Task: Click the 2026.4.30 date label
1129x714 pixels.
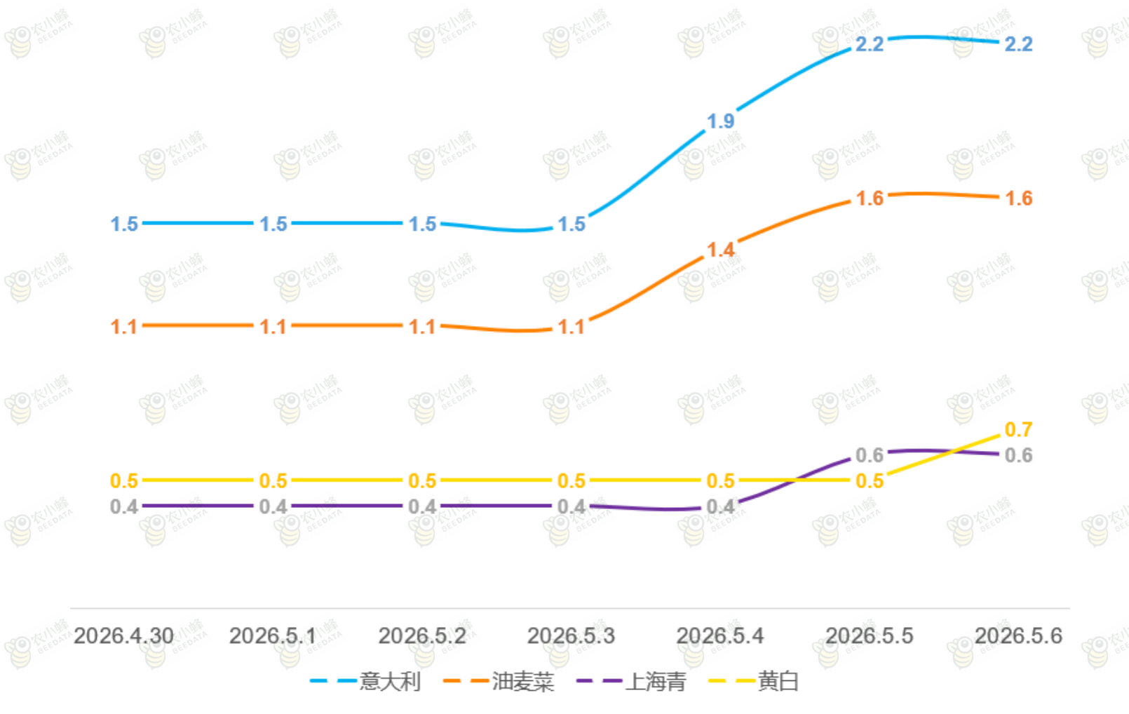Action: [x=123, y=636]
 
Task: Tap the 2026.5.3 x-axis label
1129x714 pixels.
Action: [x=571, y=636]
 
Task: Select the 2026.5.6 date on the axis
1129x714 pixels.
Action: [x=1019, y=636]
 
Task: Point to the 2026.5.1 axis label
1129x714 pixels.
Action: [x=273, y=636]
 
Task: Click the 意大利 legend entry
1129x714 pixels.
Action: [x=365, y=681]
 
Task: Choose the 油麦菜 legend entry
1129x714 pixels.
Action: [x=499, y=681]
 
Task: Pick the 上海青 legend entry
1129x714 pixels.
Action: [x=631, y=681]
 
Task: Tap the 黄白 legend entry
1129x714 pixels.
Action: [x=754, y=681]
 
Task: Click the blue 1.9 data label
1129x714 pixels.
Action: [x=721, y=121]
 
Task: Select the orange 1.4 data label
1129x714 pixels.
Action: [x=721, y=250]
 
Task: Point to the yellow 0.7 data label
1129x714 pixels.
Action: [x=1019, y=430]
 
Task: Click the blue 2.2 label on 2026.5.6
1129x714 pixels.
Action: [x=1019, y=44]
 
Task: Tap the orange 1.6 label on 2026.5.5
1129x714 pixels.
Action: [x=870, y=198]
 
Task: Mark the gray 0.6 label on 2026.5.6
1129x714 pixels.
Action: [x=1019, y=455]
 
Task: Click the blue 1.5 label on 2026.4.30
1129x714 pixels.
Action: [x=124, y=224]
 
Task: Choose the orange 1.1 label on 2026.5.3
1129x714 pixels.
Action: [x=572, y=327]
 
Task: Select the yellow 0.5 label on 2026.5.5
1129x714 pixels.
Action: [x=870, y=481]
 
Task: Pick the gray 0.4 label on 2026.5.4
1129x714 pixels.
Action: [x=721, y=507]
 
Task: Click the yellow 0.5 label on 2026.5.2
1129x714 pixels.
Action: [x=422, y=481]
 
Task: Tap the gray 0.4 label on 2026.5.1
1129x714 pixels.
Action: [x=273, y=507]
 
